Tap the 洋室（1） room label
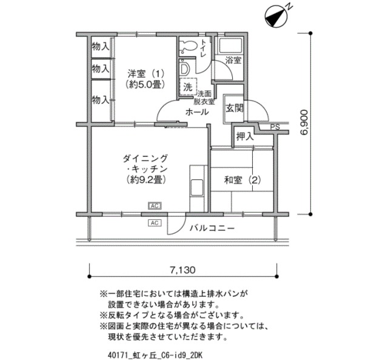(x=144, y=79)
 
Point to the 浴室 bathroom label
(x=233, y=61)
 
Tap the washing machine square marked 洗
(x=188, y=87)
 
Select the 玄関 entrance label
(x=235, y=109)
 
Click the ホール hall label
(x=197, y=112)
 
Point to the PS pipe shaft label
(x=275, y=127)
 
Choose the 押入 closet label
(x=244, y=136)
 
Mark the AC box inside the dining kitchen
(x=154, y=205)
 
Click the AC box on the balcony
(x=154, y=223)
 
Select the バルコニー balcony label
(x=212, y=228)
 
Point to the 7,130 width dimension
(x=183, y=270)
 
